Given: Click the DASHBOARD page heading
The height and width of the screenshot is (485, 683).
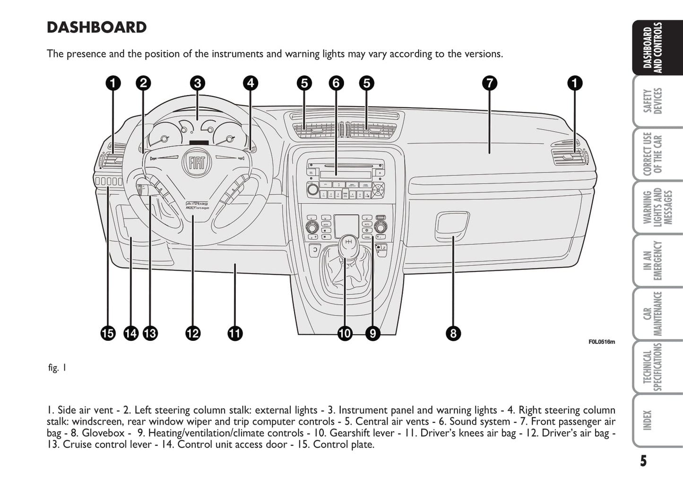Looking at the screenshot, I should [96, 27].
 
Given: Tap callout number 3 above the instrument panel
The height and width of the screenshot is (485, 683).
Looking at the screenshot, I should [198, 83].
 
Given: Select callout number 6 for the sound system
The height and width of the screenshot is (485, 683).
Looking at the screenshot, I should [336, 83].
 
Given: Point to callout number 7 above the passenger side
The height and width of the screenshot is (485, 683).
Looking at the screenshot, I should [490, 83].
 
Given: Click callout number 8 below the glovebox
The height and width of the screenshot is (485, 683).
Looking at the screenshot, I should [453, 334].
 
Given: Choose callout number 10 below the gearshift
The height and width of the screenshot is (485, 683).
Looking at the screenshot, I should [345, 334].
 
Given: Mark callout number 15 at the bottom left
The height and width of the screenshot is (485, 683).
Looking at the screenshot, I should [108, 334].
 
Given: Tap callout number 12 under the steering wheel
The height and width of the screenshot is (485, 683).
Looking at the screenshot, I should [193, 334].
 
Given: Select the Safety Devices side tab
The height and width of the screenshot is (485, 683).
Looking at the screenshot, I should [653, 101].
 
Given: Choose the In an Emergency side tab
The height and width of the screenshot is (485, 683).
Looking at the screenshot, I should [653, 260].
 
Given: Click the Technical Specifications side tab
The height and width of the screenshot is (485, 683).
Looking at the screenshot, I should [653, 367].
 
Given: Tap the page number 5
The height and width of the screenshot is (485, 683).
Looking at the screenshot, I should [643, 461].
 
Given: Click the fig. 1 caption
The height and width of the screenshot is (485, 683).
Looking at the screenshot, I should [57, 368].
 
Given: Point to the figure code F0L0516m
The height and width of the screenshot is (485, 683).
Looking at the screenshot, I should [602, 342].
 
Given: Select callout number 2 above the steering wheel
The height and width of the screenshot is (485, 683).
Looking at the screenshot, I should [143, 83].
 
